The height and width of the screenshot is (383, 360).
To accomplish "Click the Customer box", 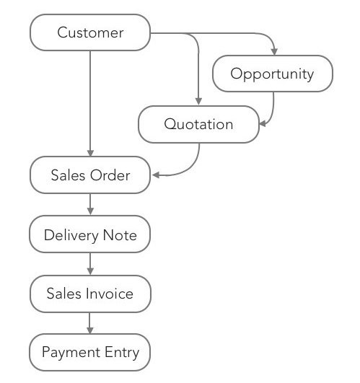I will point(90,32).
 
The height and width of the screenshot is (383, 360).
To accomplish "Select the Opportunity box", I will point(272,74).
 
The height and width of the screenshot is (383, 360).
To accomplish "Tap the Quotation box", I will point(198,124).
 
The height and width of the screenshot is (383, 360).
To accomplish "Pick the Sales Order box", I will point(90,175).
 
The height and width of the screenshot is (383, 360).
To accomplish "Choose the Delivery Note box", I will point(90,235).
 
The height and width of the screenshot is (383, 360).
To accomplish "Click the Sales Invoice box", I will point(90,294).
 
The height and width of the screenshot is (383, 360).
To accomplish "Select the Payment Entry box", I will point(90,353).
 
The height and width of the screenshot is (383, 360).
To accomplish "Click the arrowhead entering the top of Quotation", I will point(198,102).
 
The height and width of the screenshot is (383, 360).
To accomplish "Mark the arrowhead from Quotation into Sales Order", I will point(154,175).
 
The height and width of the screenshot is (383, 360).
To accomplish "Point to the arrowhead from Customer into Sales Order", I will point(90,154).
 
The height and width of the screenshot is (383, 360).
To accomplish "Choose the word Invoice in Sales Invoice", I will point(107,294).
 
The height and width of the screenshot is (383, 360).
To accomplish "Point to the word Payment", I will point(70,353).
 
